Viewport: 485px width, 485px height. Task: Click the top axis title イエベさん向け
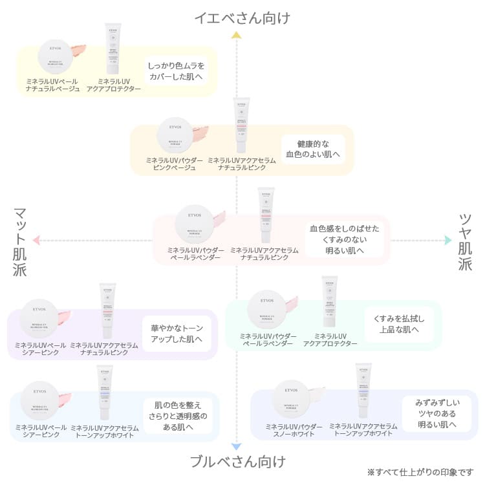click(x=242, y=18)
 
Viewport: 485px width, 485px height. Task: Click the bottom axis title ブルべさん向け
click(x=237, y=461)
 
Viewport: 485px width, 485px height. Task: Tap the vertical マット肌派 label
click(x=19, y=242)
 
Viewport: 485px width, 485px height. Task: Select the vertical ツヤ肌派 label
click(x=465, y=241)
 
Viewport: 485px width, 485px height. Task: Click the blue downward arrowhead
click(x=237, y=446)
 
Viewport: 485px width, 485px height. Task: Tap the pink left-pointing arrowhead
click(x=36, y=241)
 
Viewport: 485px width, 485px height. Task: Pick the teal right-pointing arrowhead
click(x=447, y=241)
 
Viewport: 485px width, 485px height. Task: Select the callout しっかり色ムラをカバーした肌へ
click(x=176, y=71)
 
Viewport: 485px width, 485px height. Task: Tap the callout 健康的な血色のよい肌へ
click(x=312, y=149)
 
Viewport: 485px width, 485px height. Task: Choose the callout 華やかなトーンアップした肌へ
click(x=177, y=333)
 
